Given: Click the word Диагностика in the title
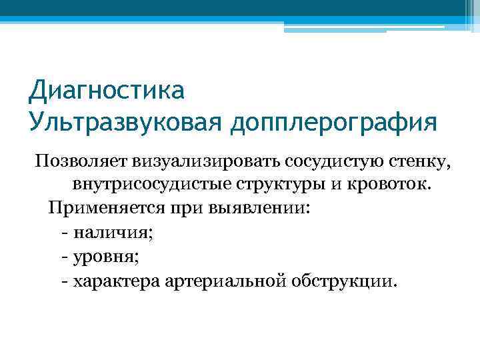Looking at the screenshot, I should point(106,89).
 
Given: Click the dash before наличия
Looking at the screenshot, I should point(64,232).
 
